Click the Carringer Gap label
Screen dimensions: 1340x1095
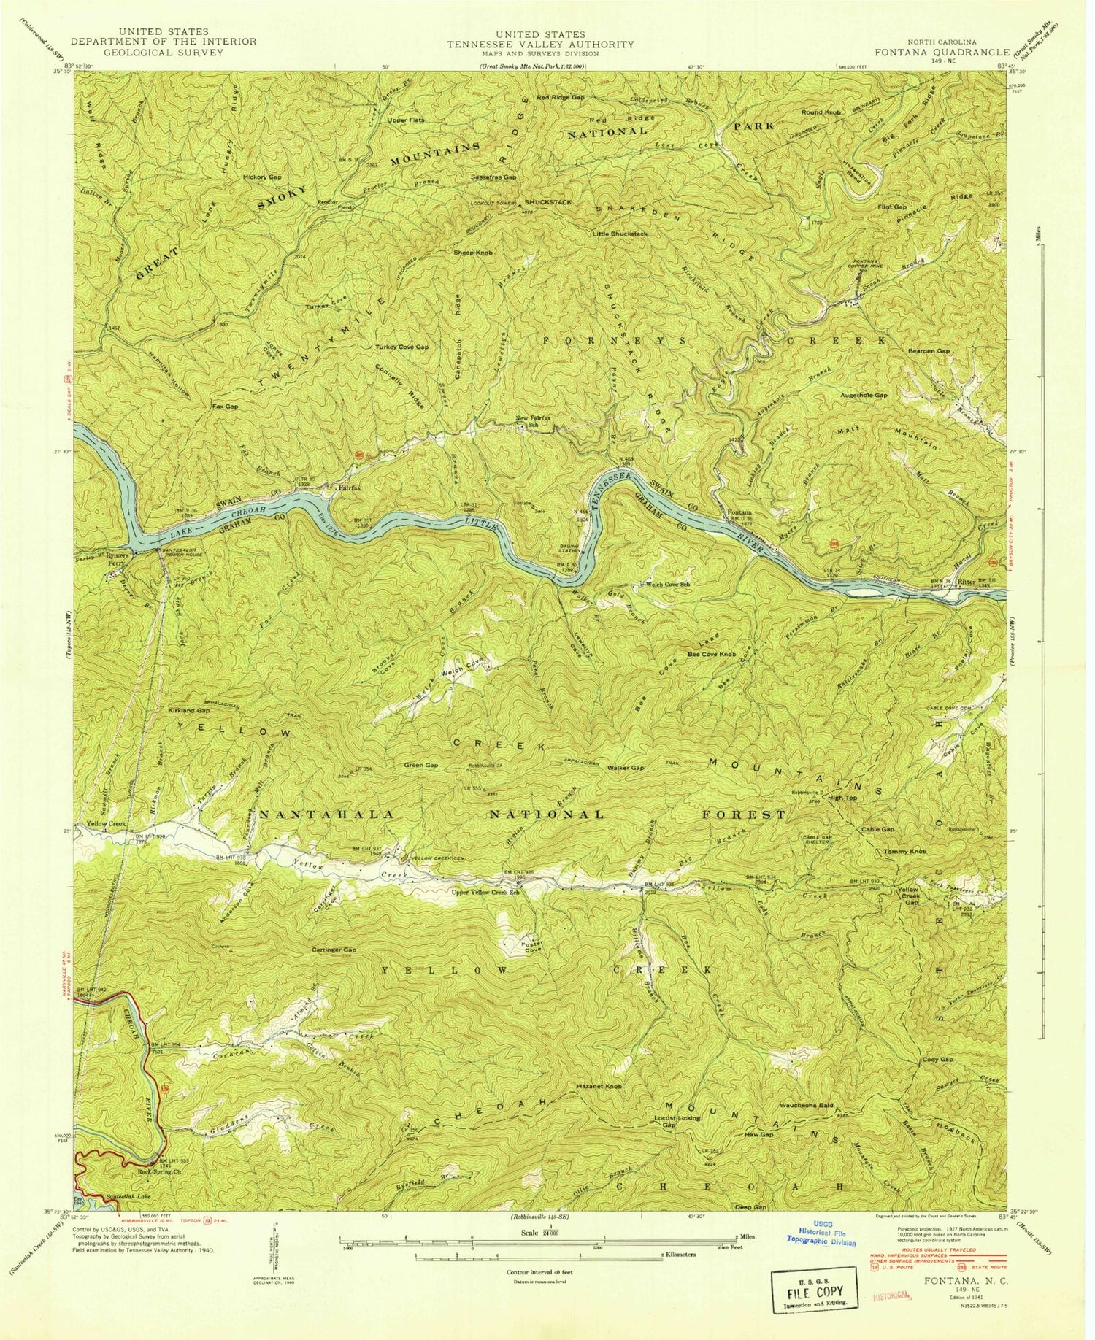[x=334, y=950]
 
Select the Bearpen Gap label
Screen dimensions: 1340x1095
[x=929, y=351]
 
